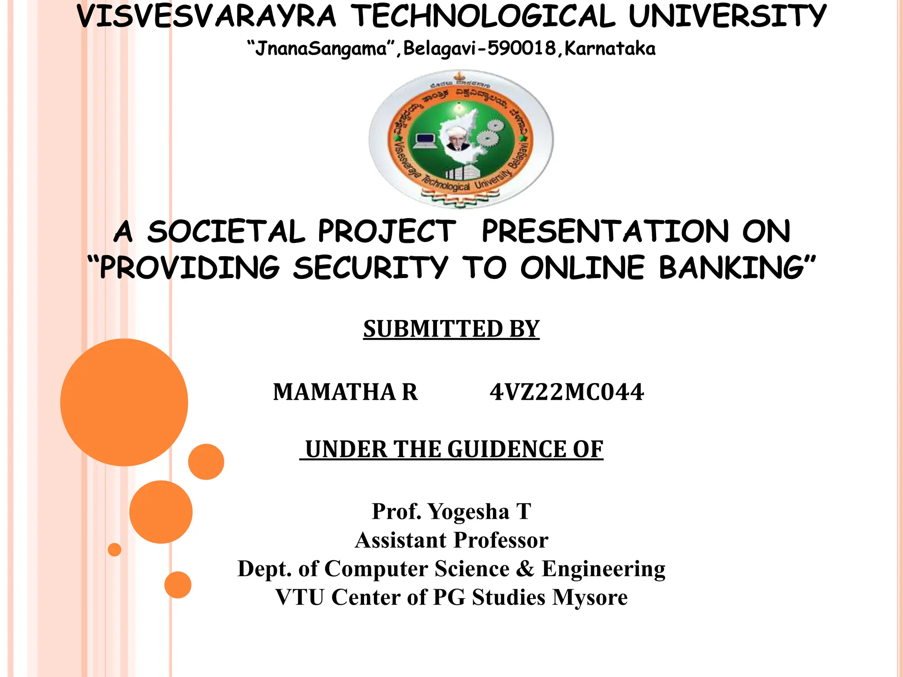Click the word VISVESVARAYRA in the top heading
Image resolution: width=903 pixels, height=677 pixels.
coord(206,16)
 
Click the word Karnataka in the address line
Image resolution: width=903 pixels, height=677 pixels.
coord(610,48)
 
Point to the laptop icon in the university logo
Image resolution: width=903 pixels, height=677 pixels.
coord(424,141)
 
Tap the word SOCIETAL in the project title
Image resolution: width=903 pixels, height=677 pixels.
coord(226,231)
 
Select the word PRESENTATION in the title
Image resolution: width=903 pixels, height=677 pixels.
coord(605,231)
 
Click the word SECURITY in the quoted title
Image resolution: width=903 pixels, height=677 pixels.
coord(370,268)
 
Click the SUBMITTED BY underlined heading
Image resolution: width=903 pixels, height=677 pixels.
coord(451,329)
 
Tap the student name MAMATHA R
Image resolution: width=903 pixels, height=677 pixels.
coord(345,392)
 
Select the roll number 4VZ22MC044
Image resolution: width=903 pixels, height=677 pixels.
coord(567,392)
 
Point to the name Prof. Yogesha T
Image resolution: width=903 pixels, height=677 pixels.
coord(451,511)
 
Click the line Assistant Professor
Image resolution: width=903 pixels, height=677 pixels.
coord(451,540)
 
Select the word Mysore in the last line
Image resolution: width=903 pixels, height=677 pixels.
coord(590,597)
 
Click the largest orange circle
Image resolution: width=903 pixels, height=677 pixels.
coord(124,402)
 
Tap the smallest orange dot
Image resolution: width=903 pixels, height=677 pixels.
coord(115,550)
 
